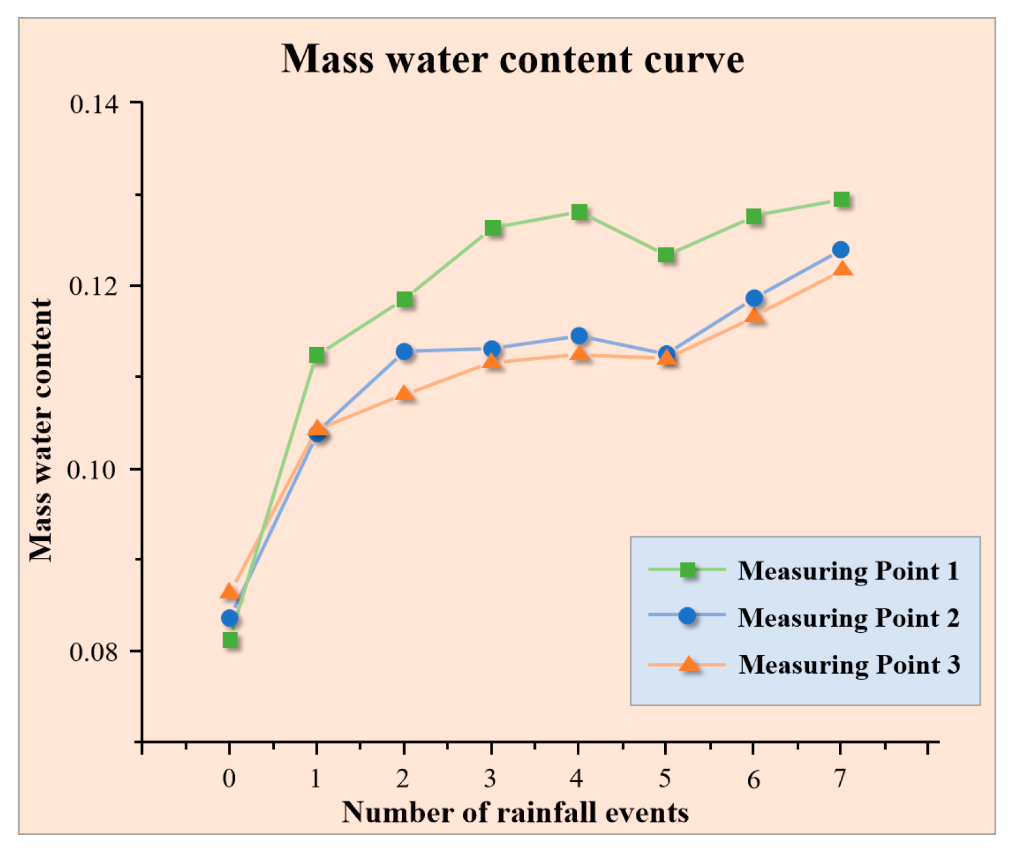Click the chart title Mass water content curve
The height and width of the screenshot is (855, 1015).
click(x=512, y=59)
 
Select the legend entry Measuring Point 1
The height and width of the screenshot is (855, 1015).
click(x=847, y=571)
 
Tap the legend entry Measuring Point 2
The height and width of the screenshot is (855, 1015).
click(x=847, y=618)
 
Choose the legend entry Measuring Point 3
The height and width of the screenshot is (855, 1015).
click(x=849, y=665)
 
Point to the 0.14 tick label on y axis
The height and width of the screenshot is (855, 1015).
click(x=94, y=104)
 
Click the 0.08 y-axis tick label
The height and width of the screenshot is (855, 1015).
click(x=94, y=652)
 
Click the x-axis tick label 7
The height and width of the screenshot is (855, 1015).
click(x=840, y=778)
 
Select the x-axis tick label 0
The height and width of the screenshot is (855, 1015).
click(x=229, y=778)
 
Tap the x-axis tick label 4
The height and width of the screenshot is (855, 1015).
click(x=577, y=778)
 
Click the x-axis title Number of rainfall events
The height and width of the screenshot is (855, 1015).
click(x=515, y=813)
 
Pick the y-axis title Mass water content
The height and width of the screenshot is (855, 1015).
click(x=41, y=430)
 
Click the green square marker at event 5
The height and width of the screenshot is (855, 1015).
click(x=665, y=255)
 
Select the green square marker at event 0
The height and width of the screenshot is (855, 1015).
click(x=230, y=640)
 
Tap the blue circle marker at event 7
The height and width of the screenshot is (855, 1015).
click(x=840, y=249)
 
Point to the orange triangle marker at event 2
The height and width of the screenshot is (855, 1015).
click(x=404, y=394)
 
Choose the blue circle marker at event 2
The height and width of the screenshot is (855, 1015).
click(x=404, y=351)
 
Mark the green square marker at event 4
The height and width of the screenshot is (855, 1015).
click(x=579, y=212)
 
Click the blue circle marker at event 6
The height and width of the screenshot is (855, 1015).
click(x=754, y=298)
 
